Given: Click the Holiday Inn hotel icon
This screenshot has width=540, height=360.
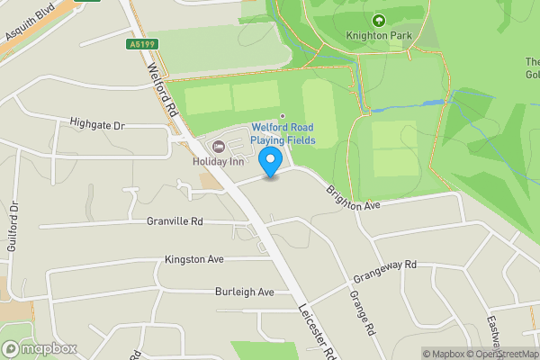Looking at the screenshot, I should coord(216,147).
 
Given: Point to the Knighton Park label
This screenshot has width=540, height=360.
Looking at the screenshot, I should coord(378,36).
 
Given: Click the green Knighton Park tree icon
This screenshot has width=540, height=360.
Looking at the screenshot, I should coord(378,20).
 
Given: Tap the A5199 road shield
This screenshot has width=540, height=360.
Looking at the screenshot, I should coord(142,42).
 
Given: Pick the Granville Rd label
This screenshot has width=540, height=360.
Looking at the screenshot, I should coord(176,220).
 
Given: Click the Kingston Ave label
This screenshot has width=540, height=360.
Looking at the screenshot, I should coord(193,259).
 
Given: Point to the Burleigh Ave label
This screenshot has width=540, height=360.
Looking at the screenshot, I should coord(244,292).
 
